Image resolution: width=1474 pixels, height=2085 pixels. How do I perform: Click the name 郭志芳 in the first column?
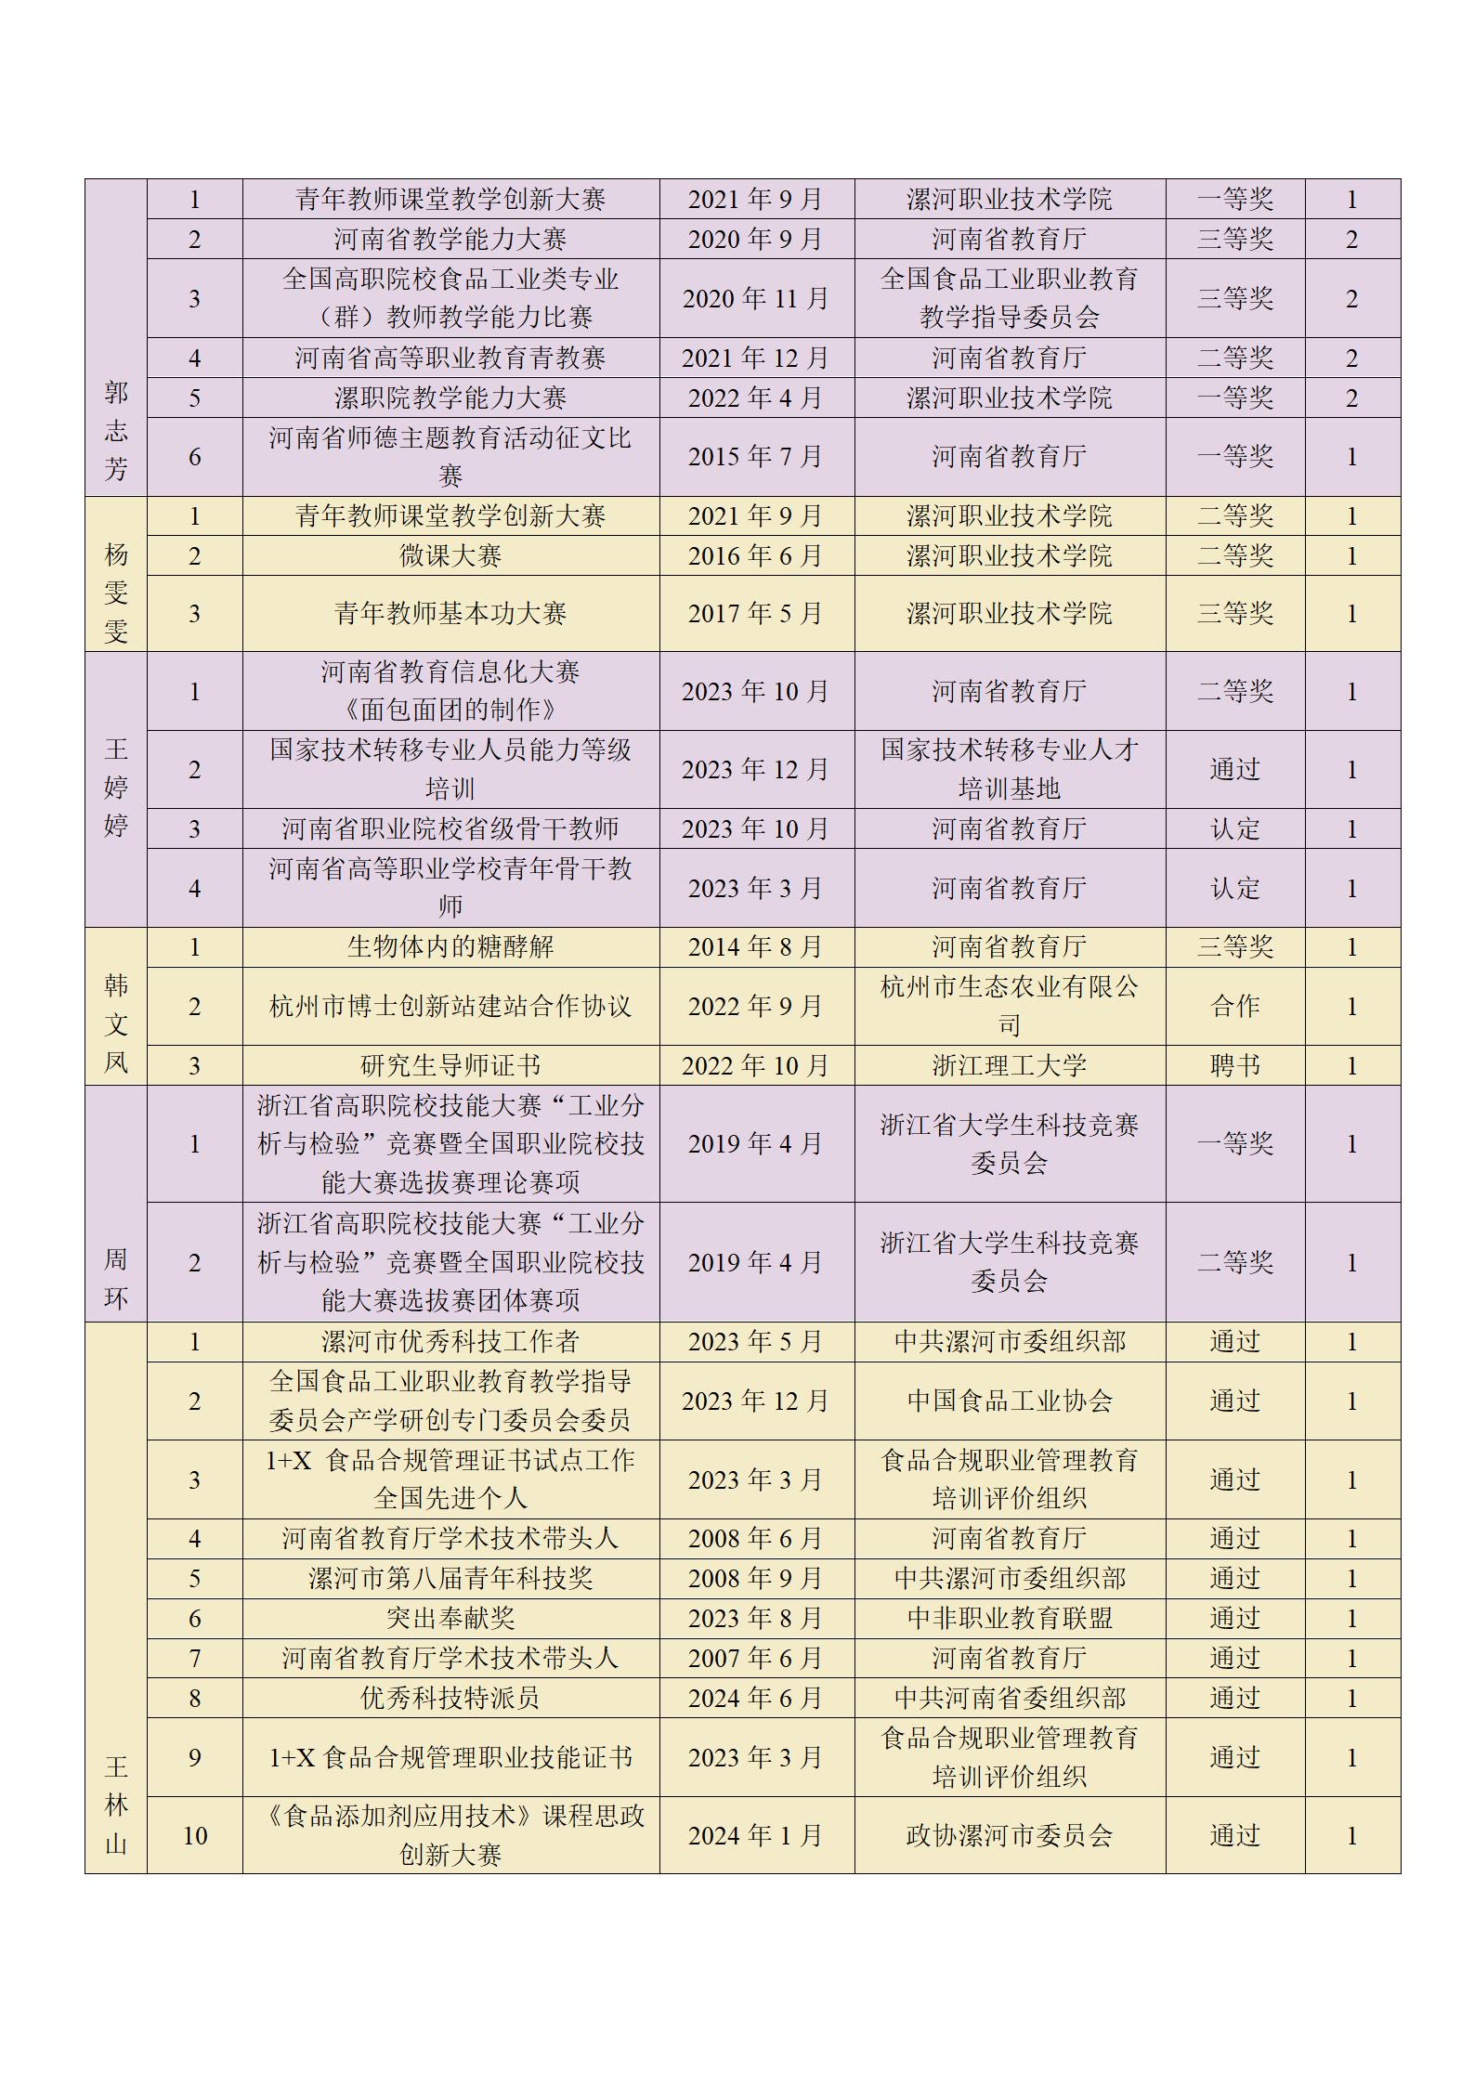pyautogui.click(x=116, y=431)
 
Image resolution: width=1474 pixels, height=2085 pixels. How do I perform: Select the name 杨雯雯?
pyautogui.click(x=116, y=593)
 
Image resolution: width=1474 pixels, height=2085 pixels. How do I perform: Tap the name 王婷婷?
pyautogui.click(x=116, y=788)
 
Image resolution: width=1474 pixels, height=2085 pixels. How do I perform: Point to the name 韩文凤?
pyautogui.click(x=116, y=1024)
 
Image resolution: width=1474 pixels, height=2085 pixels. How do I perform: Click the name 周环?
pyautogui.click(x=116, y=1279)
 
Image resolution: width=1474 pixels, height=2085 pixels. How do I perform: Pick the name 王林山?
pyautogui.click(x=116, y=1805)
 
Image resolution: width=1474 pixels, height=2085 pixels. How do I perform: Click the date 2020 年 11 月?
pyautogui.click(x=756, y=299)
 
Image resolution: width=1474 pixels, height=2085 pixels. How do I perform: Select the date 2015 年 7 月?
pyautogui.click(x=756, y=457)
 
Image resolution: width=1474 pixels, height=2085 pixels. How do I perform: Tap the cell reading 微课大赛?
pyautogui.click(x=450, y=556)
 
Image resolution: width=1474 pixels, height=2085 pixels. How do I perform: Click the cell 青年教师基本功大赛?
pyautogui.click(x=450, y=614)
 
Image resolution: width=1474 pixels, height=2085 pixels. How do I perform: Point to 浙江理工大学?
pyautogui.click(x=1010, y=1066)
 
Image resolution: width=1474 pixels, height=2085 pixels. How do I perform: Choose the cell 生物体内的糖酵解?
pyautogui.click(x=450, y=947)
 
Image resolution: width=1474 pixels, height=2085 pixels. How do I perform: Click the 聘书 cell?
pyautogui.click(x=1235, y=1066)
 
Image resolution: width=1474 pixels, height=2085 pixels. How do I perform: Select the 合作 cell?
pyautogui.click(x=1235, y=1007)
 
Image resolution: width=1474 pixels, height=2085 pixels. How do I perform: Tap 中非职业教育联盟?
pyautogui.click(x=1010, y=1619)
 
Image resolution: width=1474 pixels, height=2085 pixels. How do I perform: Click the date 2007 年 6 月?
pyautogui.click(x=756, y=1659)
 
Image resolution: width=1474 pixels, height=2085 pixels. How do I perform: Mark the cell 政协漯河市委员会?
pyautogui.click(x=1010, y=1836)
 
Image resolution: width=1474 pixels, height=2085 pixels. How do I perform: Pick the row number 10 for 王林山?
pyautogui.click(x=195, y=1836)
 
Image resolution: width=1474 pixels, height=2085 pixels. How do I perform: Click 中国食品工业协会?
pyautogui.click(x=1010, y=1401)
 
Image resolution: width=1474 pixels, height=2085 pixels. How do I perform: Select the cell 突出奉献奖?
pyautogui.click(x=450, y=1619)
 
